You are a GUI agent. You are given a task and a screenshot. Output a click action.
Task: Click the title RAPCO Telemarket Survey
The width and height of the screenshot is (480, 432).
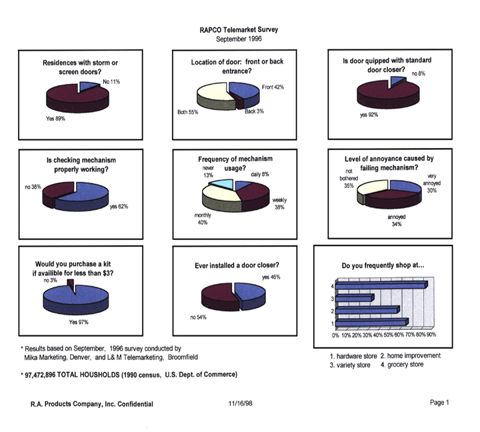point(239,30)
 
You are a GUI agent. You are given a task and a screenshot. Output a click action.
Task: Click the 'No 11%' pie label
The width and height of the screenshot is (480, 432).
point(111,82)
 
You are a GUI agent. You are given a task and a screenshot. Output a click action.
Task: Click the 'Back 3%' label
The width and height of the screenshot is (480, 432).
point(253,111)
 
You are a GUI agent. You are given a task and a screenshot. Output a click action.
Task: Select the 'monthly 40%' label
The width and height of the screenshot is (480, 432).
point(203,219)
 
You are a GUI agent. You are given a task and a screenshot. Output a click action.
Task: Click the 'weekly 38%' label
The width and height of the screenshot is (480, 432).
point(279,203)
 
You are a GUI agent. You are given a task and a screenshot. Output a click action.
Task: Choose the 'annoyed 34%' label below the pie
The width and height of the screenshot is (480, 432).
point(397,221)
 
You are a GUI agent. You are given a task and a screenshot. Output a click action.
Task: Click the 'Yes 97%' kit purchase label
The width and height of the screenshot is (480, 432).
point(79,322)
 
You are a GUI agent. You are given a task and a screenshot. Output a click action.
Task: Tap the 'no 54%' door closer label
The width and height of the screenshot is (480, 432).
point(198,317)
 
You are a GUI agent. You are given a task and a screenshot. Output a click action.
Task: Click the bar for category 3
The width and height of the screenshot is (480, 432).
point(355,298)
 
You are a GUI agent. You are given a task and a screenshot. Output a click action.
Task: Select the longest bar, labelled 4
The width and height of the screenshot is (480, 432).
point(380,285)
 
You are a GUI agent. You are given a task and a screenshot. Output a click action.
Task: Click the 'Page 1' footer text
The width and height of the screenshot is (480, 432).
point(440,403)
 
